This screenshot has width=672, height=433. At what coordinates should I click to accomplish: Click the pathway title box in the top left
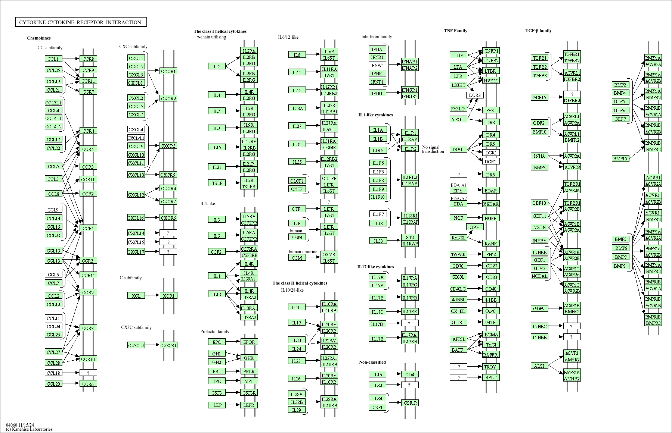81,22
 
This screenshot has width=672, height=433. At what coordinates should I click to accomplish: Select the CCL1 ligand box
53,59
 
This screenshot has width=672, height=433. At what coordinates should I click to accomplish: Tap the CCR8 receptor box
88,59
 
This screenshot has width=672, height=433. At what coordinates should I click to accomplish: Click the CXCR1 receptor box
168,71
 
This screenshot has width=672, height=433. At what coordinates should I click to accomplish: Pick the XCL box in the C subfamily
136,296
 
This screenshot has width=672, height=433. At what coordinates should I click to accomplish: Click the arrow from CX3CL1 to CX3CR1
152,345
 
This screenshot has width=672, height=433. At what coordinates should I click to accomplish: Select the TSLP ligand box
217,183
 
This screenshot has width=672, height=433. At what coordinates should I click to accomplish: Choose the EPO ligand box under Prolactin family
217,342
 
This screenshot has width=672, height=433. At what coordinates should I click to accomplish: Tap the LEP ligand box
217,405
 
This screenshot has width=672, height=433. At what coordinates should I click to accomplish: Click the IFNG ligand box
377,93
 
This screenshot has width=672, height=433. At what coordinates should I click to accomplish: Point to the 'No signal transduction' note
433,149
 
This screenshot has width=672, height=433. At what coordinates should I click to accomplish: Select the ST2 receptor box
410,238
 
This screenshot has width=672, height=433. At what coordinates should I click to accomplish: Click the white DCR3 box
474,95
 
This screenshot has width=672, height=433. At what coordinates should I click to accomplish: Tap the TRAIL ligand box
458,149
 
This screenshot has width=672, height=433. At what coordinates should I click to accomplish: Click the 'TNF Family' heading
455,31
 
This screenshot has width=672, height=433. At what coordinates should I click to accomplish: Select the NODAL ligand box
539,276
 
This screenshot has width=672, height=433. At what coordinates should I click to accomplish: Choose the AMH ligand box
539,366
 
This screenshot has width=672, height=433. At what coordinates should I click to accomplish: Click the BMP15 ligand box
620,159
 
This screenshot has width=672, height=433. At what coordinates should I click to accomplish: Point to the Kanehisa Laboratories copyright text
29,429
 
